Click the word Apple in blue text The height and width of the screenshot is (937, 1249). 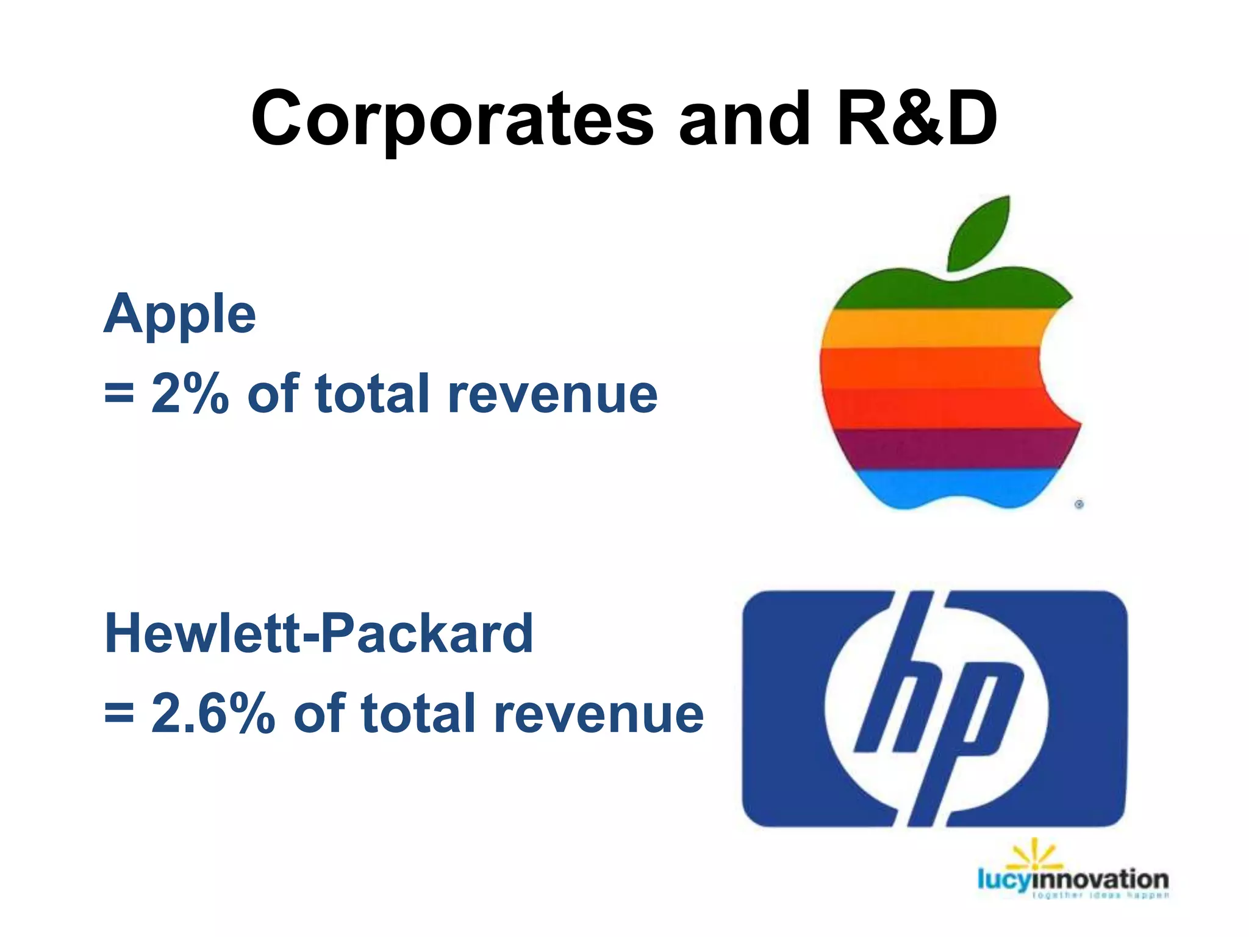(180, 315)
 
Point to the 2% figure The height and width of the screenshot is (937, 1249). (190, 394)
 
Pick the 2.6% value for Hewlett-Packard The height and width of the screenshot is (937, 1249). (213, 713)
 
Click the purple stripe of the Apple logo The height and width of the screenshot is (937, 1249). (951, 449)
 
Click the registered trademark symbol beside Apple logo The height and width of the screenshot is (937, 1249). (1079, 504)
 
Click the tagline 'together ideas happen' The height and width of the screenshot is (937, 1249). (1101, 896)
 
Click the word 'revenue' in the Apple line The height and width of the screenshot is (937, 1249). (553, 394)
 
